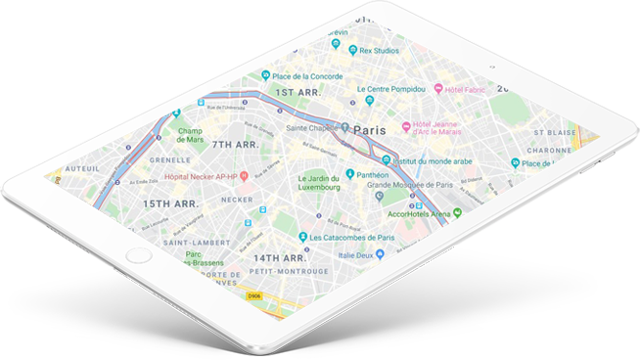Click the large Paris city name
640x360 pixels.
369,129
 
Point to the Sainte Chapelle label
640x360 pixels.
310,127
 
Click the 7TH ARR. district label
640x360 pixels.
234,145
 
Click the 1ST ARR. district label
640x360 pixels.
299,93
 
